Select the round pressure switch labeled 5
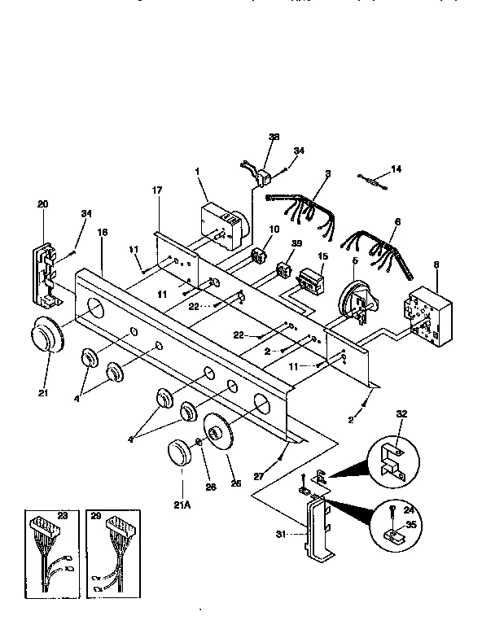(354, 298)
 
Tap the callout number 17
(157, 190)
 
